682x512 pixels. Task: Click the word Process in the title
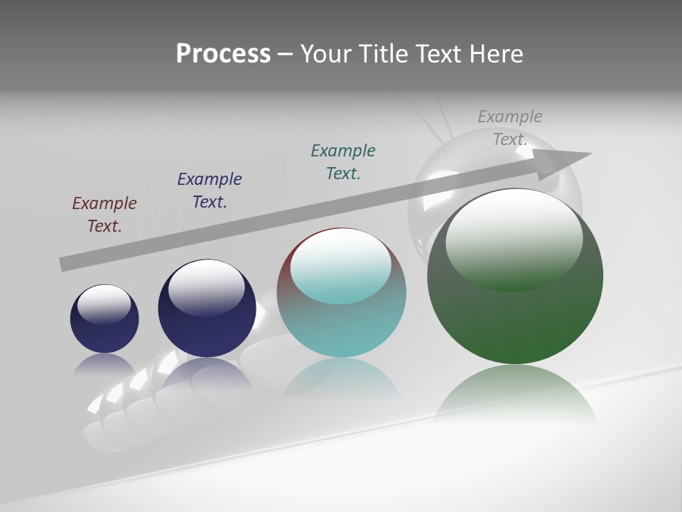(223, 54)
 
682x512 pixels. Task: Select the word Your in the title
(326, 54)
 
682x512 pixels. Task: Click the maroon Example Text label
(104, 215)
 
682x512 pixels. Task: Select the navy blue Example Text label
(210, 191)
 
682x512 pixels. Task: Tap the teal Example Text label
(343, 162)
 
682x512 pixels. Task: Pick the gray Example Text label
(510, 128)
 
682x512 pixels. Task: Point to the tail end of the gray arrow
(65, 263)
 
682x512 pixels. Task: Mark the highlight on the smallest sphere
(104, 304)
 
